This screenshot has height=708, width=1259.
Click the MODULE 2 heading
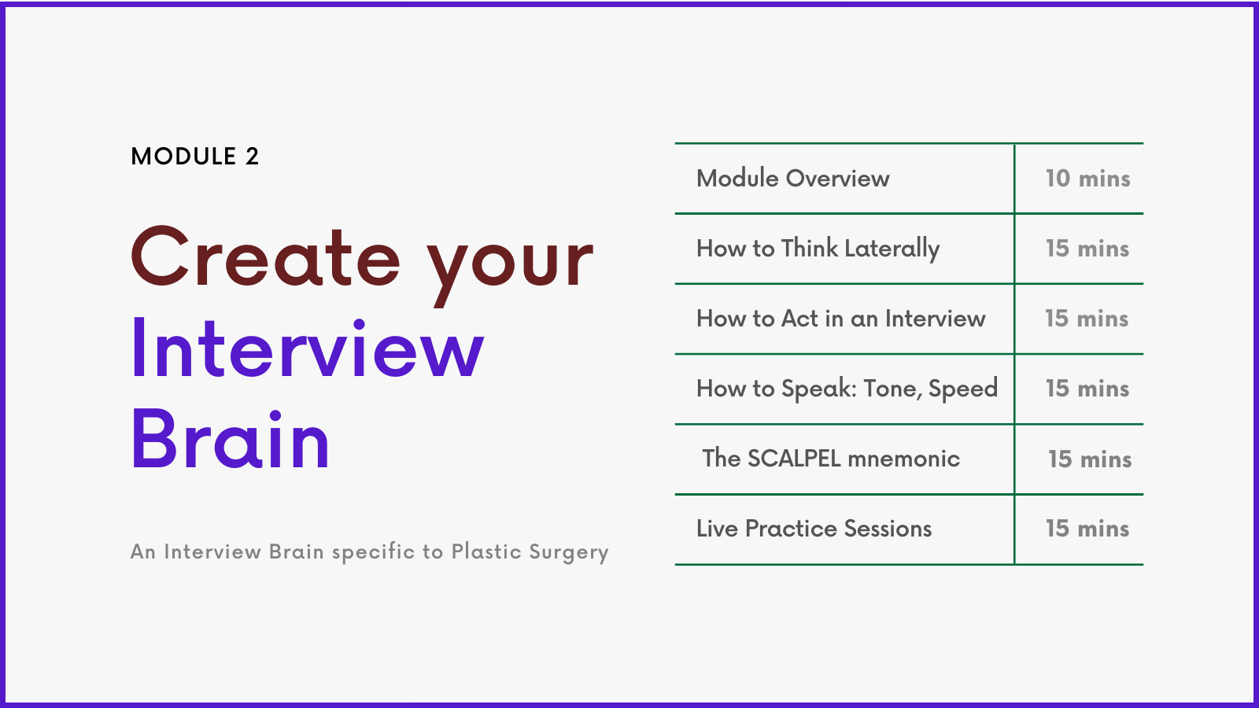coord(194,157)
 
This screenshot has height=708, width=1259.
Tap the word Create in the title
coord(265,257)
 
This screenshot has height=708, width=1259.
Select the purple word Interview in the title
coord(308,348)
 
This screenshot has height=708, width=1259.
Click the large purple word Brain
coord(230,438)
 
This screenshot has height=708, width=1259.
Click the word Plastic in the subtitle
coord(487,551)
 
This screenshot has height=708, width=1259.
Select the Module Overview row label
coord(793,179)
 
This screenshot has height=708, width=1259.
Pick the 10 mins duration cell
coord(1087,179)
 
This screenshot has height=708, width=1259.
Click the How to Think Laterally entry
coord(818,249)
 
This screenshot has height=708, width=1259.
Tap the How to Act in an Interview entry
coord(841,319)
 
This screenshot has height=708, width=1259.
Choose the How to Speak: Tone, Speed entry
coord(847,389)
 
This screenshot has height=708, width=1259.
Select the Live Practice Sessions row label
coord(814,529)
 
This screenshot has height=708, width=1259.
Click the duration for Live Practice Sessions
coord(1087,529)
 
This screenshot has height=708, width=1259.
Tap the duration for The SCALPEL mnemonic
coord(1090,459)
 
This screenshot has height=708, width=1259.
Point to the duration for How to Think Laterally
coord(1087,249)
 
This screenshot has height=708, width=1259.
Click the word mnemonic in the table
coord(904,459)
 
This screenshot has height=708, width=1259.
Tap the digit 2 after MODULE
coord(253,157)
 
